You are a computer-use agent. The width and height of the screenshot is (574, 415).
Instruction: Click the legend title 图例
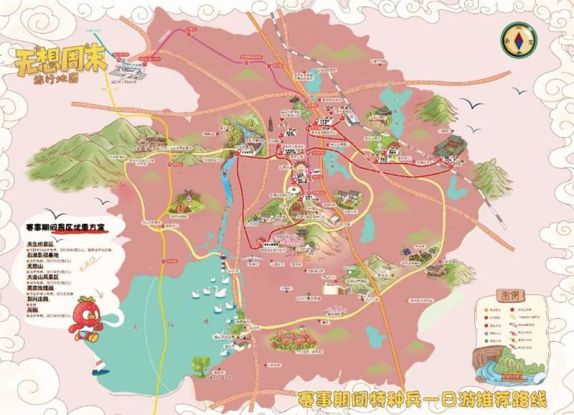tap(512, 295)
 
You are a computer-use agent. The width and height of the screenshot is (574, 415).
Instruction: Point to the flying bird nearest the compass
tap(474, 106)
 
